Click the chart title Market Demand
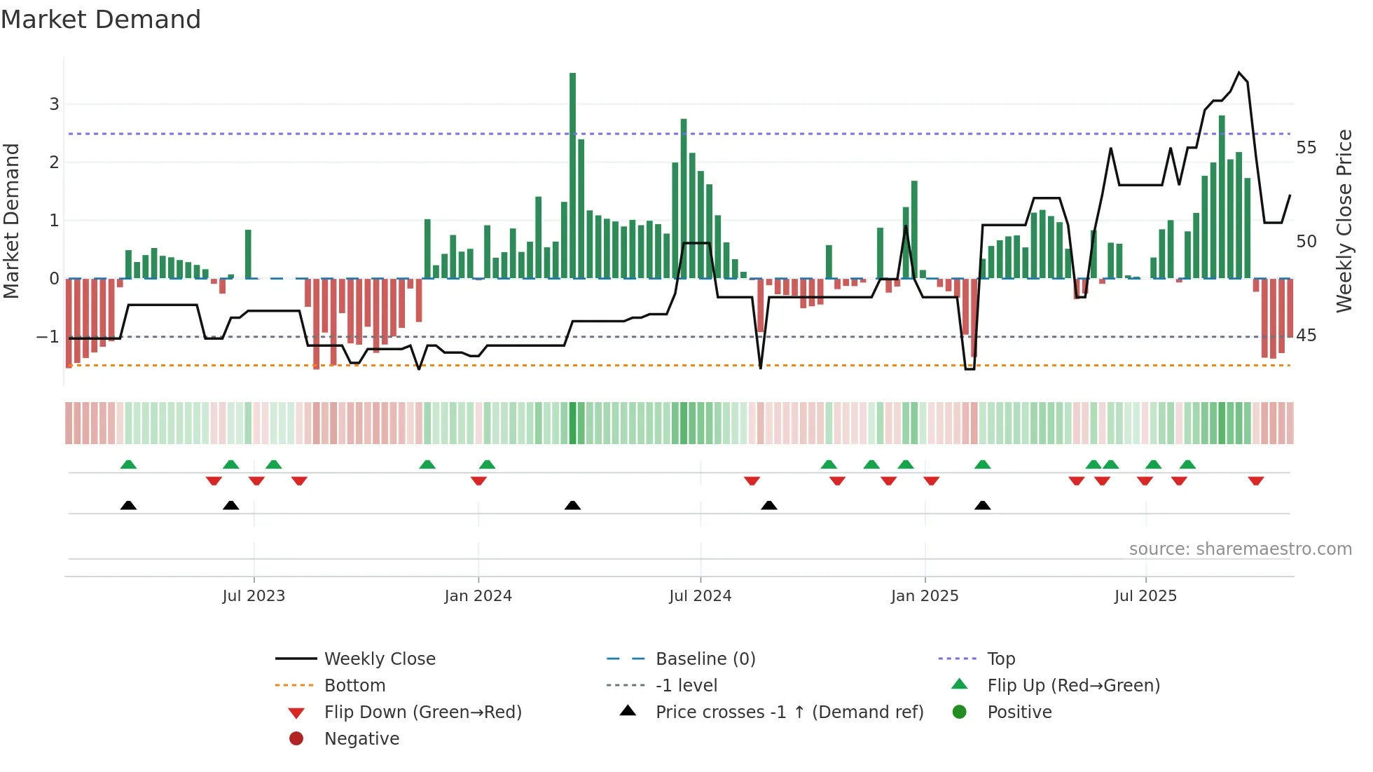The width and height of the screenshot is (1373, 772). (x=101, y=20)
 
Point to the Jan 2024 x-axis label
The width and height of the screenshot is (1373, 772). (x=478, y=596)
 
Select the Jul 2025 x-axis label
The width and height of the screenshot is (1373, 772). (x=1145, y=596)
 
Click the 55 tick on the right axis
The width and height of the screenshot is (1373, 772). (x=1306, y=148)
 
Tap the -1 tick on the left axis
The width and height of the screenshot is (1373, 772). (x=48, y=337)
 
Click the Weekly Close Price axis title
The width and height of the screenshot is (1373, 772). (x=1344, y=221)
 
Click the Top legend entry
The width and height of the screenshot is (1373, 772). (x=1000, y=659)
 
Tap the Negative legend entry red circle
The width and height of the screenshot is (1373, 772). (x=296, y=739)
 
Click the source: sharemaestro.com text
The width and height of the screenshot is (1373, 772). (x=1240, y=549)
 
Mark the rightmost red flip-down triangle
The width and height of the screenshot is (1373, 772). (x=1255, y=481)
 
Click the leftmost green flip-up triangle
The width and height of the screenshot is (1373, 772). (x=128, y=464)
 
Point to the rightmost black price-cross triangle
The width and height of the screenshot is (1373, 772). (x=982, y=506)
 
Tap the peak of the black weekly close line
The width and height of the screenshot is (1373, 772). (x=1239, y=73)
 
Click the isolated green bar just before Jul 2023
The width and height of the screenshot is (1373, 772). (x=248, y=254)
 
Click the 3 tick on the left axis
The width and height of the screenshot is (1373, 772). (x=54, y=104)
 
